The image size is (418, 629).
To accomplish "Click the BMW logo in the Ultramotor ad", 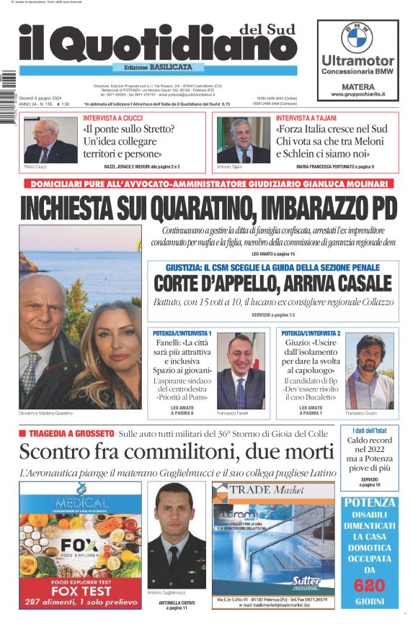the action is click(x=357, y=37).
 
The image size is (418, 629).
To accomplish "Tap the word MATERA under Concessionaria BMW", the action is click(x=357, y=85).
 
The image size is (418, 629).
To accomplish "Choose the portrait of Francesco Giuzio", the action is click(x=369, y=371).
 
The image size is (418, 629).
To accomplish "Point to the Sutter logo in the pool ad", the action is click(x=308, y=579).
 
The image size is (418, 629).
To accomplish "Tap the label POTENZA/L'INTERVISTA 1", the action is click(x=182, y=334).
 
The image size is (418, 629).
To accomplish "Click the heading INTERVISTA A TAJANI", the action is click(x=306, y=117).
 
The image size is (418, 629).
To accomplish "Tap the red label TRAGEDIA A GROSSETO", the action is click(x=76, y=433).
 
